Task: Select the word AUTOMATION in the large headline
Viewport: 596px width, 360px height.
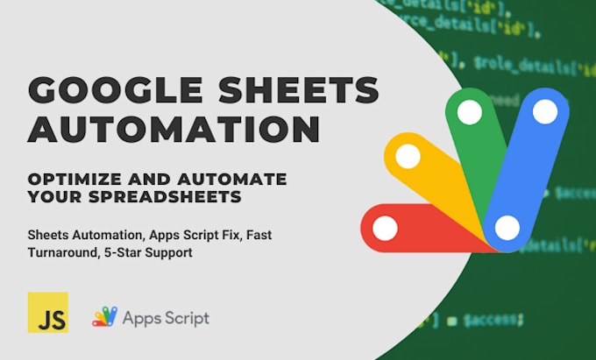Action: click(174, 131)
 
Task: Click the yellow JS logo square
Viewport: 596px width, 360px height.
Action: click(48, 313)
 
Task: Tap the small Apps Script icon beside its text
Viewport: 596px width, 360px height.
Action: click(104, 317)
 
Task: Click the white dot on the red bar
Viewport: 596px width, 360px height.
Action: click(385, 229)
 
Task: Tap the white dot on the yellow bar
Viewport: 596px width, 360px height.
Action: click(408, 157)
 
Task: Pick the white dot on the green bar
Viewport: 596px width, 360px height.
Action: click(470, 112)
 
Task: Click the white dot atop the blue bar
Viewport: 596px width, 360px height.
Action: click(545, 111)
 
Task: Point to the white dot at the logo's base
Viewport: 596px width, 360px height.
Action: click(506, 229)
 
